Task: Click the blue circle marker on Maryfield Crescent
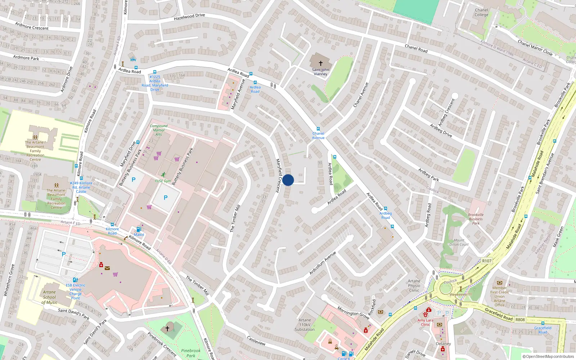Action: (288, 180)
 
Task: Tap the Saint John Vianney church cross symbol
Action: (320, 63)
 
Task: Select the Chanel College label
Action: (481, 13)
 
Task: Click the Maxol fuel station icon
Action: (139, 229)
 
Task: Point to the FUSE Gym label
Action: (163, 181)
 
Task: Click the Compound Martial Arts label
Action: (158, 130)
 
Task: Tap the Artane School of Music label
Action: (49, 297)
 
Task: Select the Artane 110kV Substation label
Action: (305, 325)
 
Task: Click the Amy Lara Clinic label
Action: (425, 322)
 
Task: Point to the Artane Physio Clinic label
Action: (414, 286)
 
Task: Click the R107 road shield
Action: (487, 261)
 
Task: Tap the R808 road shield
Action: (520, 320)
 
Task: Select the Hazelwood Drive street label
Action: (189, 17)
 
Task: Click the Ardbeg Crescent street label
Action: (446, 112)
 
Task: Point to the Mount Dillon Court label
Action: (459, 242)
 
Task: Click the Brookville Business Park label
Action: (476, 219)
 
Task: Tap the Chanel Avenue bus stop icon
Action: (318, 129)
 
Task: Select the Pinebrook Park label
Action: (191, 353)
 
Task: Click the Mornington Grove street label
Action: (353, 312)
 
